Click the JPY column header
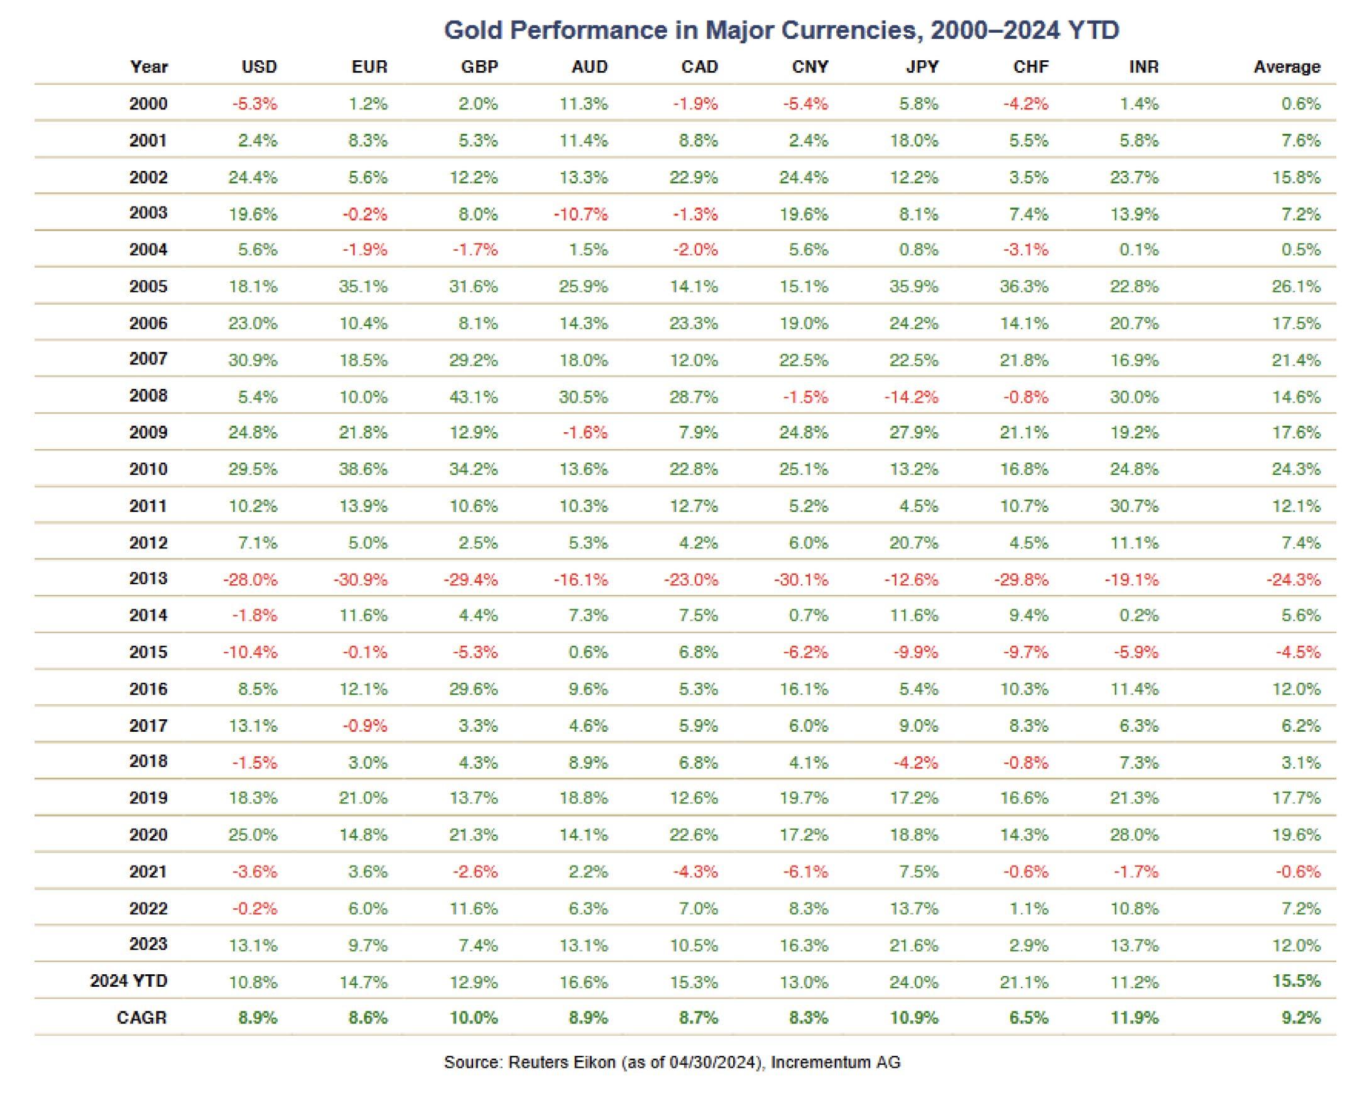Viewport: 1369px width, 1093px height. coord(921,67)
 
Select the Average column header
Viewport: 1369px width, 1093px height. coord(1287,67)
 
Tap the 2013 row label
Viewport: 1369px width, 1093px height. coord(148,579)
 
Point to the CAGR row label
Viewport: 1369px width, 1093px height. coord(141,1018)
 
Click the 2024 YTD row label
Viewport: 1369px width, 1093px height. coord(129,981)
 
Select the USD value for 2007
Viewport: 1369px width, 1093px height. coord(253,361)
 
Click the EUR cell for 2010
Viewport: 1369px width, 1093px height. coord(363,470)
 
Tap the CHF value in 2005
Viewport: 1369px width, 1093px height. coord(1025,287)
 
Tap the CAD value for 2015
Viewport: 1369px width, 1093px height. coord(697,653)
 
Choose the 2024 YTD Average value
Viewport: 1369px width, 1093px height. coord(1297,981)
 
